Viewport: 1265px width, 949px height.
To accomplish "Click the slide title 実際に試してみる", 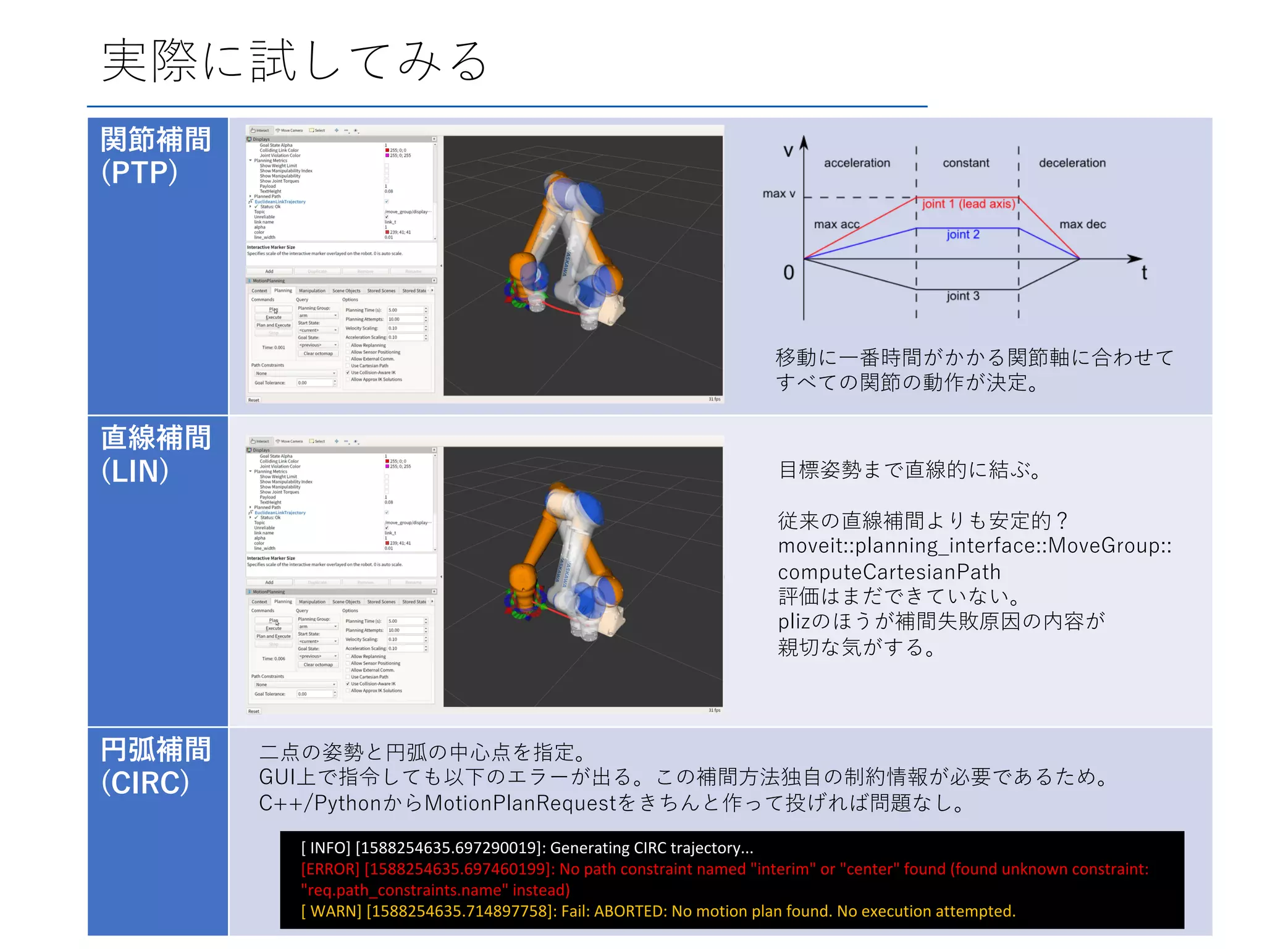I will click(295, 62).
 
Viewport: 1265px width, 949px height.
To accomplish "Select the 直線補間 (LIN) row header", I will click(156, 454).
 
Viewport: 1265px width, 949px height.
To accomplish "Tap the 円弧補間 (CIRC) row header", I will click(156, 766).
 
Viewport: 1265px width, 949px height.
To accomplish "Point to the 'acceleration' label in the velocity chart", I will click(857, 163).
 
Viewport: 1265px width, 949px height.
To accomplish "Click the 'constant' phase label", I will click(965, 163).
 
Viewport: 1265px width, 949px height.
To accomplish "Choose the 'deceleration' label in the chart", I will click(1072, 163).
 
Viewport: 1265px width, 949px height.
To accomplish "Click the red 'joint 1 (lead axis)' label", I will click(968, 204).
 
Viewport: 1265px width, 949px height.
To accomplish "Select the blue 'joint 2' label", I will click(962, 235).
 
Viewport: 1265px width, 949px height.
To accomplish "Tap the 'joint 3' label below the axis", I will click(962, 296).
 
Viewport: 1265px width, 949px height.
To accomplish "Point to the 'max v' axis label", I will click(778, 194).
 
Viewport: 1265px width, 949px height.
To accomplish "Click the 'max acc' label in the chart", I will click(836, 224).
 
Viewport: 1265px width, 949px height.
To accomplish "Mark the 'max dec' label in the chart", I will click(1082, 224).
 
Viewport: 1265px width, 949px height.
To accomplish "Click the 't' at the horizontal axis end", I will click(1144, 273).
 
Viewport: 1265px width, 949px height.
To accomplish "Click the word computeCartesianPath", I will click(889, 572).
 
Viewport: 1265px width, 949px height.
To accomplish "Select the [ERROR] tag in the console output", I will click(330, 869).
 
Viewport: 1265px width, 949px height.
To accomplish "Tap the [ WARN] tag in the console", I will click(330, 911).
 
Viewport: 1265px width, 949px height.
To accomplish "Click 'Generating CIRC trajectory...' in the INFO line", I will click(651, 848).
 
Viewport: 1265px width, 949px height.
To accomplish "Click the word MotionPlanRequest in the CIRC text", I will click(521, 803).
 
